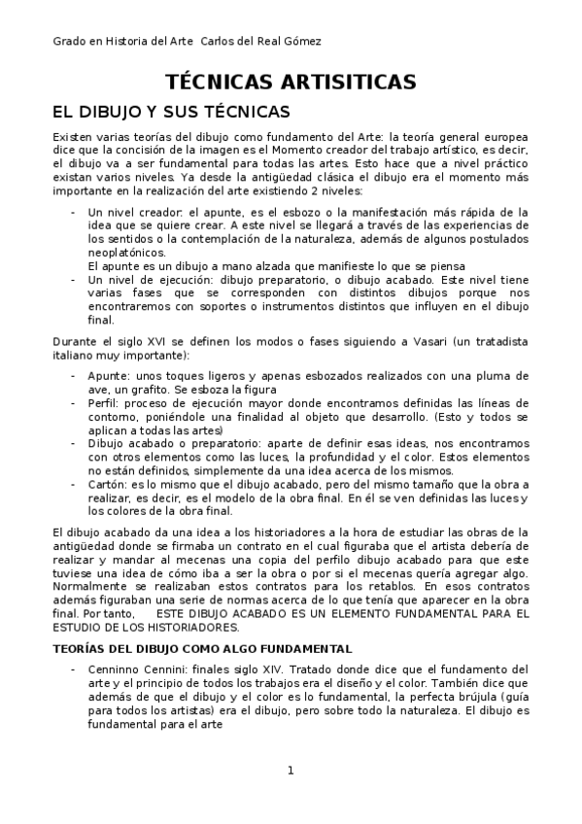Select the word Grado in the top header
point(70,41)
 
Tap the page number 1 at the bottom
point(291,771)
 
